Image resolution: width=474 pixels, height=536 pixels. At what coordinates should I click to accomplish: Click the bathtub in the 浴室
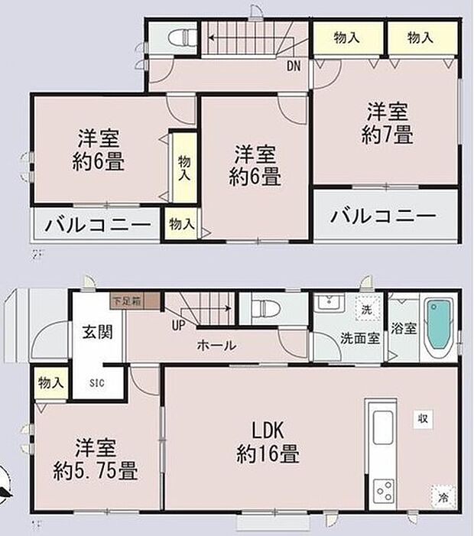438,330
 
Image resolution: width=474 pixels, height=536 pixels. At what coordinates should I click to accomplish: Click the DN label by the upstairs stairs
294,67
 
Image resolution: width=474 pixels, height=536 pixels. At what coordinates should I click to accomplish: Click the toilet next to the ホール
268,310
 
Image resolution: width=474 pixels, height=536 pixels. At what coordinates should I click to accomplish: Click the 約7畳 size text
388,136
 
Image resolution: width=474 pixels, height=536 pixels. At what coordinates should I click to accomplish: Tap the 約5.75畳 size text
96,467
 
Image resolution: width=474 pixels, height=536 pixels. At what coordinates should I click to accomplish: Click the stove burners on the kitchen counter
382,486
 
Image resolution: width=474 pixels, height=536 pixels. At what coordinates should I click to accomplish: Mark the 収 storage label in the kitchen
422,417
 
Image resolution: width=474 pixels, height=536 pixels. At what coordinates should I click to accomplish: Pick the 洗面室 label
361,339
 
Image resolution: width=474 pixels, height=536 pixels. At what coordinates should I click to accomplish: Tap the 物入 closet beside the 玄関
51,382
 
